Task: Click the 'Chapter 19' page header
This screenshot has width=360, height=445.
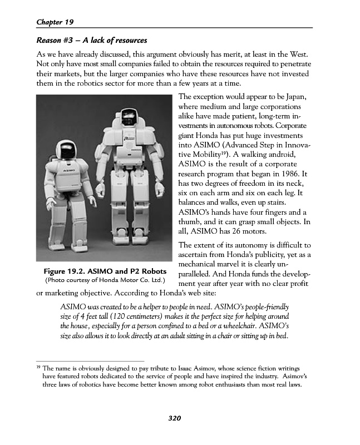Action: pyautogui.click(x=55, y=22)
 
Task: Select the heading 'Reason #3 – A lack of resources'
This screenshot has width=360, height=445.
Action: pyautogui.click(x=91, y=41)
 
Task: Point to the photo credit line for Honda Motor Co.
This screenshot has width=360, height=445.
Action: pyautogui.click(x=105, y=280)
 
